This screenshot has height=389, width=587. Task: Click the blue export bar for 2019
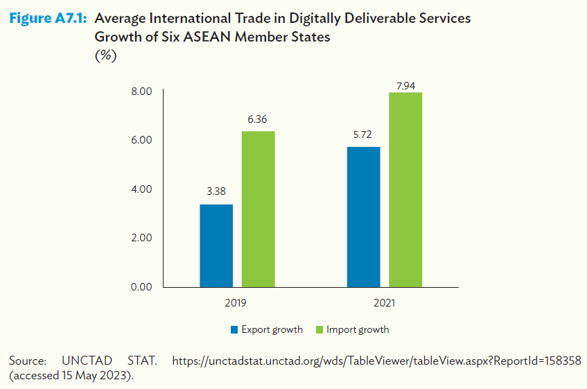(216, 245)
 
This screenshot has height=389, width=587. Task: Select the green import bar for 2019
(258, 209)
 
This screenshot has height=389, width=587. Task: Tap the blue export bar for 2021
(363, 216)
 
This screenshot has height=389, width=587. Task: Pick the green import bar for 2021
(405, 189)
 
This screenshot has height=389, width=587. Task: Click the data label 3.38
(216, 192)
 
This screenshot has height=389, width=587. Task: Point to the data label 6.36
(258, 119)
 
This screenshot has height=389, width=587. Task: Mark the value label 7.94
(405, 86)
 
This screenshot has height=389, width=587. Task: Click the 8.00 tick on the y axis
(141, 92)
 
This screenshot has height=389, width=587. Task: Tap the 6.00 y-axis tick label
(141, 140)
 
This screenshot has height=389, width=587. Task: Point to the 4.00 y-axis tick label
(141, 189)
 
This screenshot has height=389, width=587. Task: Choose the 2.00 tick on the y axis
(141, 238)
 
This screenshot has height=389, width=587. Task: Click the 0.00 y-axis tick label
(141, 286)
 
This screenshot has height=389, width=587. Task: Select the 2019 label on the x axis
(236, 303)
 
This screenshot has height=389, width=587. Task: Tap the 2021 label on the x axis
(384, 303)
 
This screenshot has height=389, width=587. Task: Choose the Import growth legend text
(358, 329)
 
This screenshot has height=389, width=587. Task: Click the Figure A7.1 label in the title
(47, 19)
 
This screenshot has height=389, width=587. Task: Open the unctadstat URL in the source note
(376, 361)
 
